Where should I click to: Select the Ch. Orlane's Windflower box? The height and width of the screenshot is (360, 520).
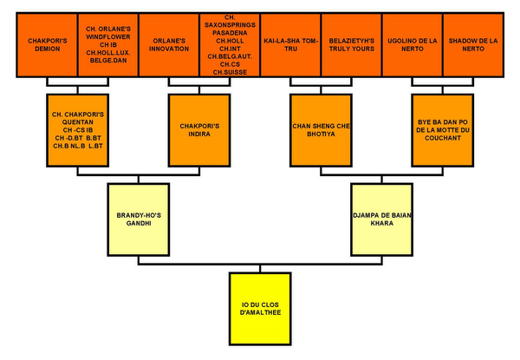pos(107,45)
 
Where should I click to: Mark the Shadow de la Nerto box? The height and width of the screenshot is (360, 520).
pos(472,45)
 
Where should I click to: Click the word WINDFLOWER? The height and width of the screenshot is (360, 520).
pos(107,36)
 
